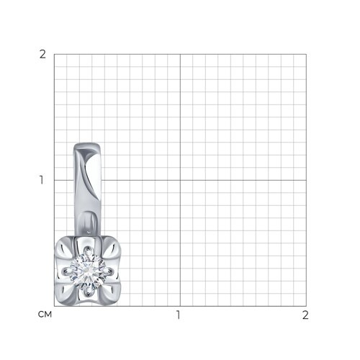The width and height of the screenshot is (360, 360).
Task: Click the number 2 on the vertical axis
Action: click(42, 55)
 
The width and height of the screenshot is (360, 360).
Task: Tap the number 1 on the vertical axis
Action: click(42, 180)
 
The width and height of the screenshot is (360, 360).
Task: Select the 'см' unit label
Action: click(45, 315)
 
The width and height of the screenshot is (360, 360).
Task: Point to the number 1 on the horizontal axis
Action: click(178, 315)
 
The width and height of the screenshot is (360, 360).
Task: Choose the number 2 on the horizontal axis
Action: click(305, 315)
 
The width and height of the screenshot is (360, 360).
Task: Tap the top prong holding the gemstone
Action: click(88, 251)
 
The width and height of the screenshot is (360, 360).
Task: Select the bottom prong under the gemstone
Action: click(88, 292)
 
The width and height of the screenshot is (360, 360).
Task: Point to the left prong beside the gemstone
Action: click(67, 271)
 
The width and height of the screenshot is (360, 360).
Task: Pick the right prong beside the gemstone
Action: click(109, 271)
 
